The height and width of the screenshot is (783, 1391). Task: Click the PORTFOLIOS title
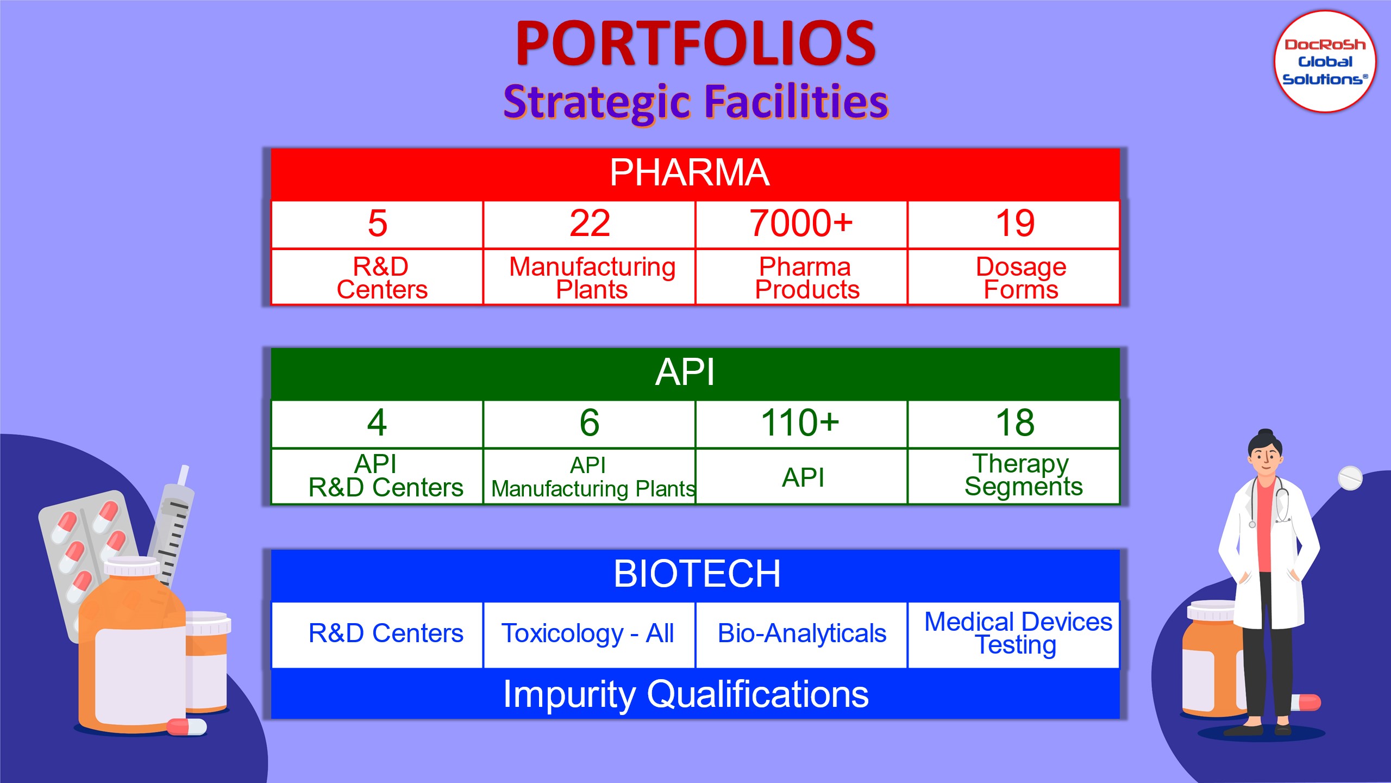point(695,43)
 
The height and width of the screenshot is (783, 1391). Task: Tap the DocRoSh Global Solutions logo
point(1325,61)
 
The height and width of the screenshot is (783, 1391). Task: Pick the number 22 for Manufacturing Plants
point(590,223)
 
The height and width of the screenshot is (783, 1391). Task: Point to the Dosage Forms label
point(1021,278)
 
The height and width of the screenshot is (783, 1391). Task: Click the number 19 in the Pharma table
point(1014,223)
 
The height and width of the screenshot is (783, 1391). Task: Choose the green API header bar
point(695,374)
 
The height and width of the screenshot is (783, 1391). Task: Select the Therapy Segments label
point(1023,475)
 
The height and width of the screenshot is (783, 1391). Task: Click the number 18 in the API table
point(1014,422)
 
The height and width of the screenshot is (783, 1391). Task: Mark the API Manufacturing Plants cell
point(590,477)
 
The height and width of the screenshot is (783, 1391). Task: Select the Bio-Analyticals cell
point(801,635)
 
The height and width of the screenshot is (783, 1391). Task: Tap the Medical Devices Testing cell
point(1014,635)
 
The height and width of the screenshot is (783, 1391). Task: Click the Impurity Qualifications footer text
point(686,695)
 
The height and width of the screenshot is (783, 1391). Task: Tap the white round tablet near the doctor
point(1350,477)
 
